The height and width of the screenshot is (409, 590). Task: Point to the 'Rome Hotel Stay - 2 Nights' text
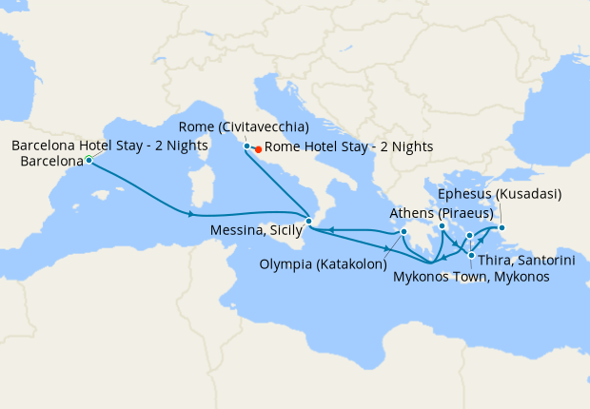(x=348, y=146)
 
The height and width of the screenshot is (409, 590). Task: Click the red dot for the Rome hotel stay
(x=258, y=147)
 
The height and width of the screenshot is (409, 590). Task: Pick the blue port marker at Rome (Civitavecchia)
(x=247, y=146)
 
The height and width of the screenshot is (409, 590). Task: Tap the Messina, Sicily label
(x=256, y=229)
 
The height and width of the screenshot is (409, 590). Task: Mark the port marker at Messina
(x=308, y=221)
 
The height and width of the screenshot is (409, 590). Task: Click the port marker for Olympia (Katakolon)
(x=404, y=231)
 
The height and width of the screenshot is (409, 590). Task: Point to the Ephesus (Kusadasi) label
(x=500, y=195)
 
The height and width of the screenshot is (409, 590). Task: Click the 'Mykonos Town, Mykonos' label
(x=471, y=276)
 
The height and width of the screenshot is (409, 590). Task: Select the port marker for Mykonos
(x=469, y=235)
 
